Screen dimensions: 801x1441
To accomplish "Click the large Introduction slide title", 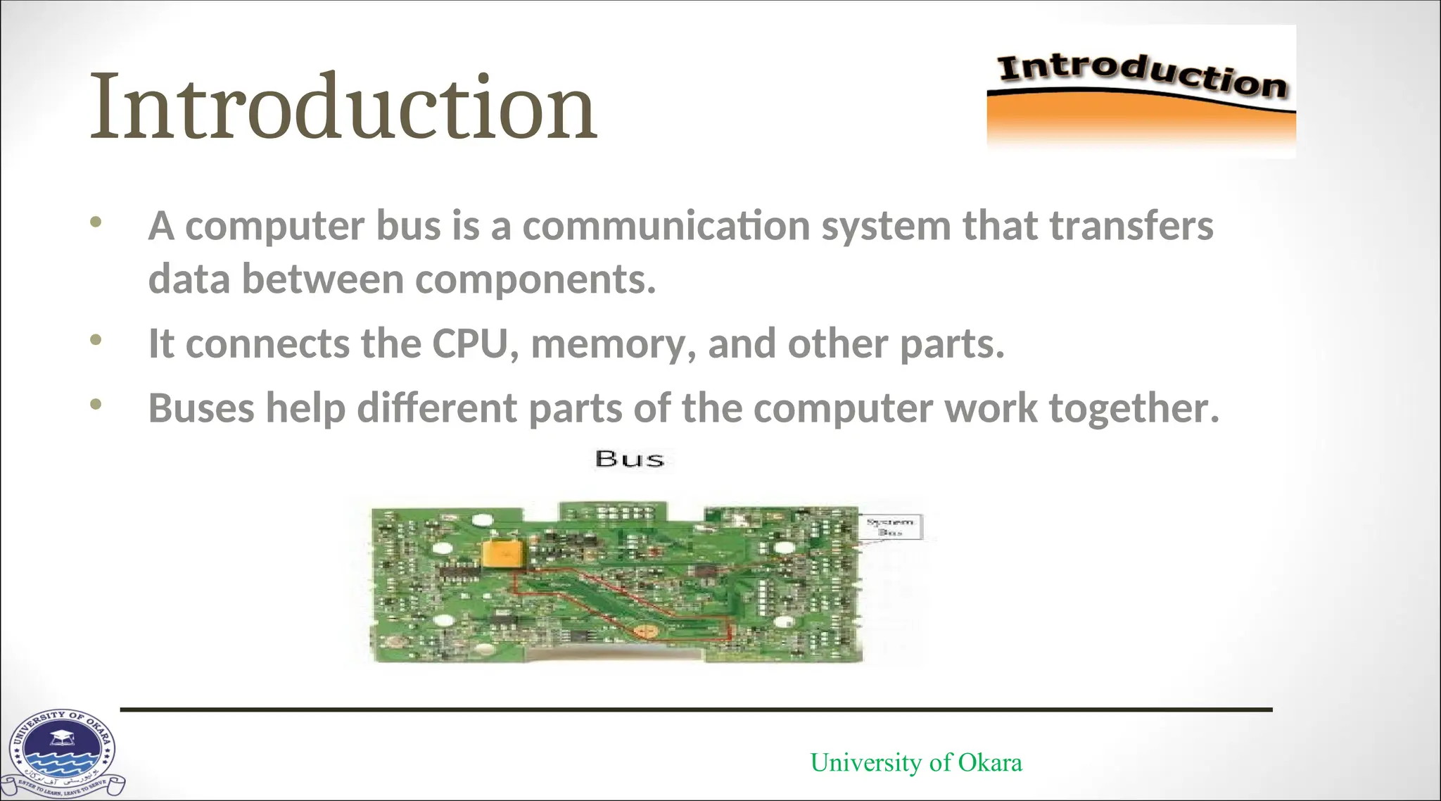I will point(343,107).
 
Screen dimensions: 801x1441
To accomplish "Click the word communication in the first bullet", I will point(666,226).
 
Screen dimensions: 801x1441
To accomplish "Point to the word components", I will point(535,279).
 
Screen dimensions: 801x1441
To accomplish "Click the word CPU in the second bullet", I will point(469,344).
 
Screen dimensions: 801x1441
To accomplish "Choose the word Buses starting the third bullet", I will point(201,408).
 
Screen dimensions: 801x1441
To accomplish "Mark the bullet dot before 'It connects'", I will point(96,340).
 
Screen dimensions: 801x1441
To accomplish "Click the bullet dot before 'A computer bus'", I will point(96,222).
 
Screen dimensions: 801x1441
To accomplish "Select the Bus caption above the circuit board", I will point(629,459).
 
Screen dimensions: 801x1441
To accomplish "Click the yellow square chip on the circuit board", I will point(502,553).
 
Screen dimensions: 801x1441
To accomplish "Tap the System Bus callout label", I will point(891,526).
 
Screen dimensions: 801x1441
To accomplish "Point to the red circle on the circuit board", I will point(644,631).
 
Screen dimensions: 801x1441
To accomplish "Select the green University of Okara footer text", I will point(915,762).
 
